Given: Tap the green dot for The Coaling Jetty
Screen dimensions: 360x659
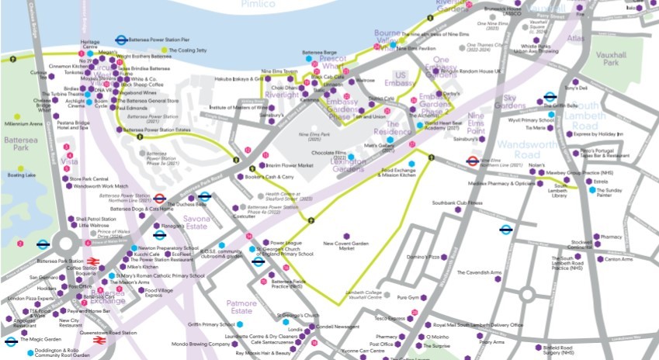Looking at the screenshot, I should [164, 51].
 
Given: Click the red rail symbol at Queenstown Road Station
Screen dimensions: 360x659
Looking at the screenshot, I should [99, 340].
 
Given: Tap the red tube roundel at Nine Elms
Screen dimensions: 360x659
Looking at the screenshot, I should [471, 161].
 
